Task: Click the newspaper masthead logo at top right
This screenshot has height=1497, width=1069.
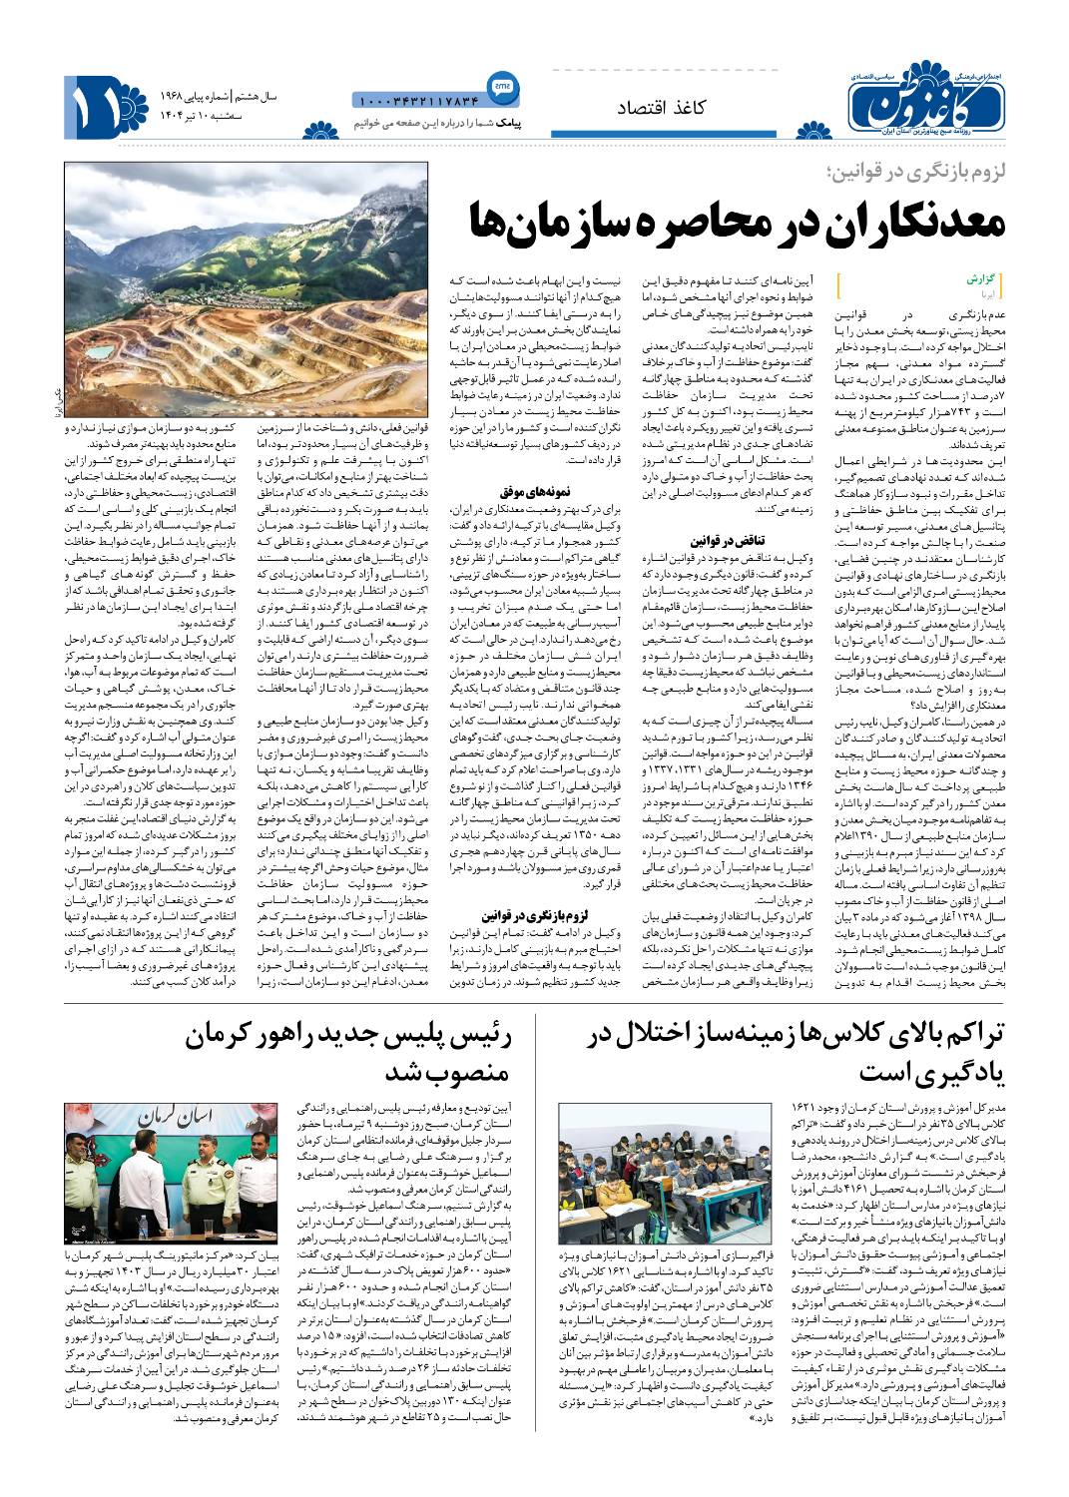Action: point(924,101)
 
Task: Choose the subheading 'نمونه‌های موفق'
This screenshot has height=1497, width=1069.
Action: point(535,491)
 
